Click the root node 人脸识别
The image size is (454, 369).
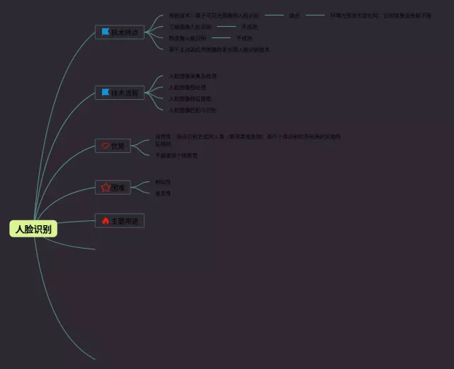coord(33,229)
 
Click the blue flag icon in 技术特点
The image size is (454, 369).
coord(105,32)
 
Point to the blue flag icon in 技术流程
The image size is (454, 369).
coord(105,92)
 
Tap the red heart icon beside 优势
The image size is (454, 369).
coord(105,146)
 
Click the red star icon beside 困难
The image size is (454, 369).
coord(105,188)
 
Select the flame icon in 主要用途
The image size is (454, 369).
coord(105,221)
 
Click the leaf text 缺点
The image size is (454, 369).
coord(294,15)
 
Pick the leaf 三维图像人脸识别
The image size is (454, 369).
coord(189,26)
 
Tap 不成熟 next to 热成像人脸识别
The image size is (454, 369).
coord(244,38)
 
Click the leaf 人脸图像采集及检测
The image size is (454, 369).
coord(192,76)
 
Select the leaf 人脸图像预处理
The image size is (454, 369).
coord(187,87)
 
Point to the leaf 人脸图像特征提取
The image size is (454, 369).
coord(189,98)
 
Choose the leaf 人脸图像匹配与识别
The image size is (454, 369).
coord(192,110)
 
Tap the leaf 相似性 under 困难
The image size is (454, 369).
coord(162,182)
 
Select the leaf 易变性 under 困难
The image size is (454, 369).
coord(162,193)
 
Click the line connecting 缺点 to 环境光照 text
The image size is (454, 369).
coord(315,15)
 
